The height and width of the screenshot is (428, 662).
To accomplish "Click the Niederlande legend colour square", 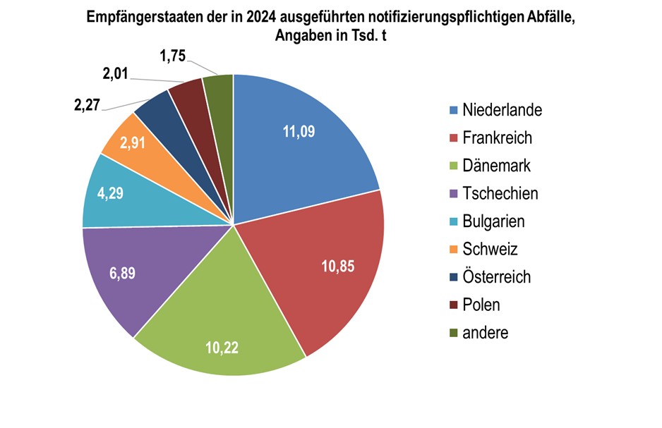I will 452,110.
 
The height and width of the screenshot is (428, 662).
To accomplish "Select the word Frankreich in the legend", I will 497,137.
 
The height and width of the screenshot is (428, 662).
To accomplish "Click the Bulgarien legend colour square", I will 452,221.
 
